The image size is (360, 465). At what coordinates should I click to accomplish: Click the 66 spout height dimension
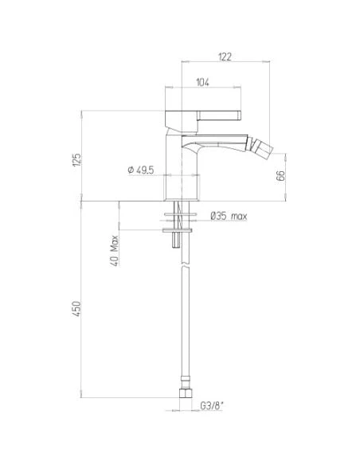280,175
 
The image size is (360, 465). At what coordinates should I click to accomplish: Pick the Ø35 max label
229,216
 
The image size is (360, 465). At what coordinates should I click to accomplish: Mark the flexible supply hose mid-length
185,318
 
